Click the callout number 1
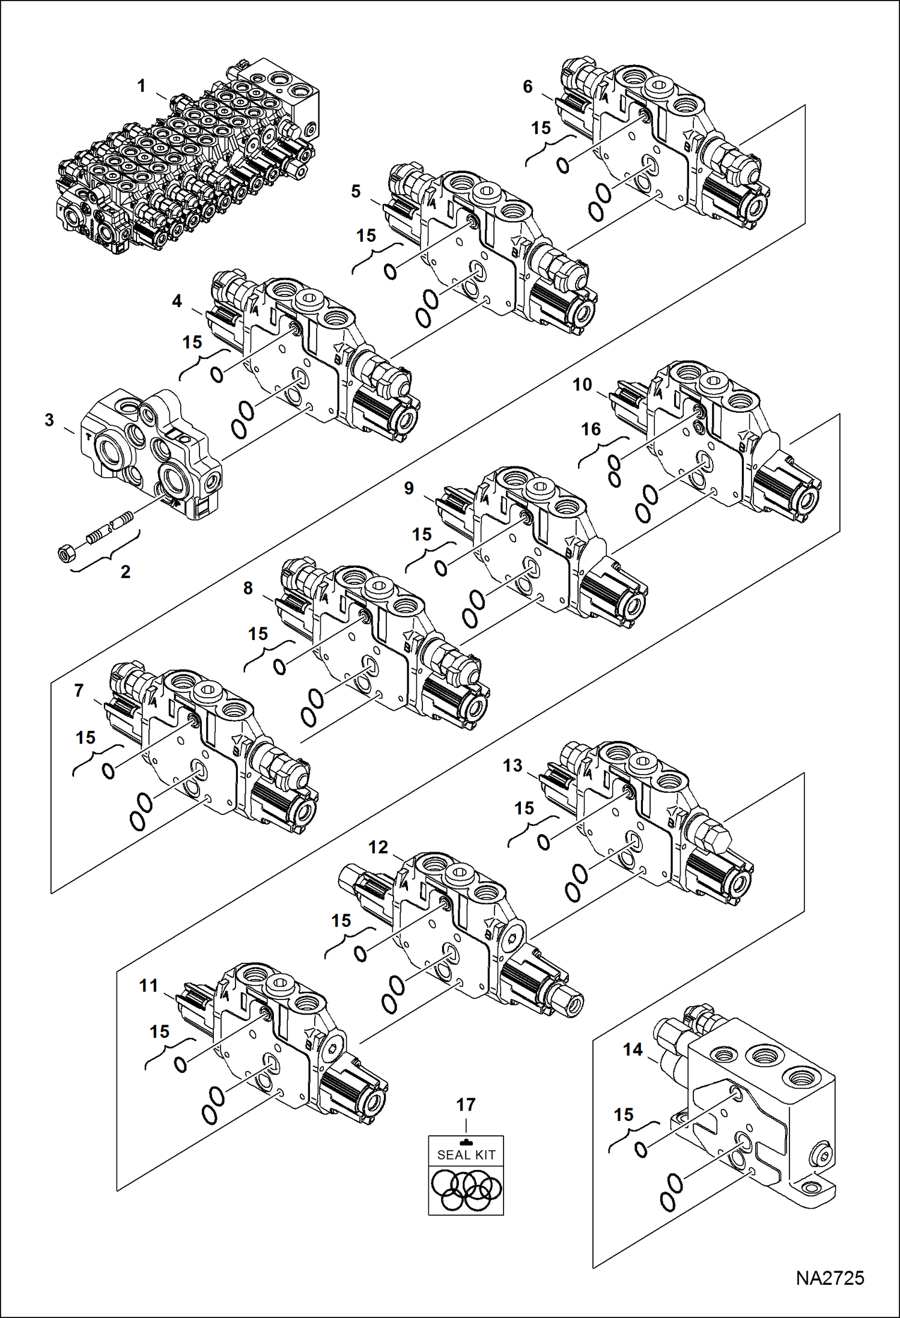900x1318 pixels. pyautogui.click(x=141, y=86)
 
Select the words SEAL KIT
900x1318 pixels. pyautogui.click(x=466, y=1155)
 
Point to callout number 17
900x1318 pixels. pyautogui.click(x=466, y=1104)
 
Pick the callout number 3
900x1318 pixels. pyautogui.click(x=49, y=420)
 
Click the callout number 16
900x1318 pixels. pyautogui.click(x=591, y=429)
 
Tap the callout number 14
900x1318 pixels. pyautogui.click(x=633, y=1049)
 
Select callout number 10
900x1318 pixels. pyautogui.click(x=582, y=385)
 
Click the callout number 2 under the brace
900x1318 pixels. pyautogui.click(x=125, y=572)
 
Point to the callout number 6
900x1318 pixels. pyautogui.click(x=528, y=87)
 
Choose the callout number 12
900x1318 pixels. pyautogui.click(x=378, y=847)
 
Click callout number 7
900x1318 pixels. pyautogui.click(x=79, y=691)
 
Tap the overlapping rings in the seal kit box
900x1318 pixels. pyautogui.click(x=466, y=1191)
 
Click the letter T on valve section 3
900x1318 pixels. pyautogui.click(x=89, y=437)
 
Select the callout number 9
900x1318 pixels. pyautogui.click(x=409, y=488)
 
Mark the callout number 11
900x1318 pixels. pyautogui.click(x=148, y=986)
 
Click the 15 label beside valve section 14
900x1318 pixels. pyautogui.click(x=623, y=1115)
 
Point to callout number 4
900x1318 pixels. pyautogui.click(x=177, y=301)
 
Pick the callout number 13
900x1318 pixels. pyautogui.click(x=512, y=765)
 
